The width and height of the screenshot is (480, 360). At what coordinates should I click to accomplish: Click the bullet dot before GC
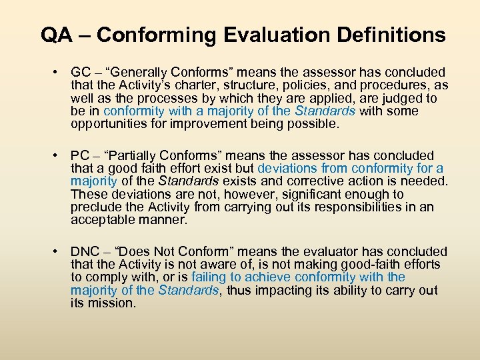(60, 72)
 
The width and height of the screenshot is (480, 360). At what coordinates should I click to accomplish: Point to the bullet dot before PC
(60, 155)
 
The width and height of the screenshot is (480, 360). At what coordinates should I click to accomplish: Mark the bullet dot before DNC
(60, 251)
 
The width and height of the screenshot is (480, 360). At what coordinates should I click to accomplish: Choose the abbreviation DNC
(85, 251)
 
